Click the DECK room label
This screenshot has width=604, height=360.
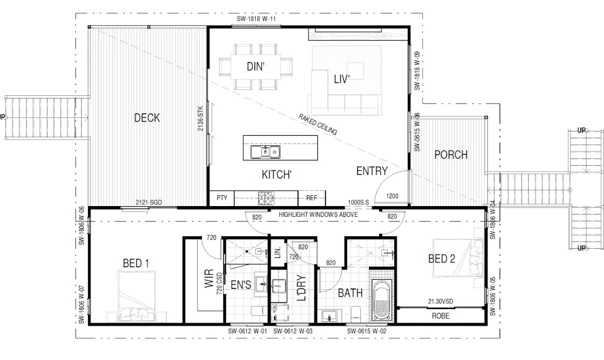147,118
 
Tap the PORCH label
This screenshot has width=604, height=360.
451,155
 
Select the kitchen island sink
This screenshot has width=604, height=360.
265,152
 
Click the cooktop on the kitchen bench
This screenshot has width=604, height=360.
266,198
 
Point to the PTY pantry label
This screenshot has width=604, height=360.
222,198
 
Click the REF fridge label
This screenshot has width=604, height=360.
311,198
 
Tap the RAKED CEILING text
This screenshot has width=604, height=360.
318,124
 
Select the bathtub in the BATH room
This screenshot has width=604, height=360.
381,300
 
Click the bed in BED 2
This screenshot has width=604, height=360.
458,257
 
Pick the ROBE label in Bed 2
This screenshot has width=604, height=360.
440,316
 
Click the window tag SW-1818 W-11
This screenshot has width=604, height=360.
256,19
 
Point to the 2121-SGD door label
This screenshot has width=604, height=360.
148,202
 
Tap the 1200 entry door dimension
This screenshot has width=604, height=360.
392,196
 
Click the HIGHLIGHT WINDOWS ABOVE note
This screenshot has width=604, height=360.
318,215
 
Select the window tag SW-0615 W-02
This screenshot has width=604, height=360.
366,331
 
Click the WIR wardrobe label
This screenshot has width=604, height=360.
209,278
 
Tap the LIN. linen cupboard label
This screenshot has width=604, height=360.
277,253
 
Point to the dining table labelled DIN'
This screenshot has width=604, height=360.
255,66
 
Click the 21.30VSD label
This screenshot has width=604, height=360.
440,301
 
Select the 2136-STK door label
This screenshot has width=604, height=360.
200,119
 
